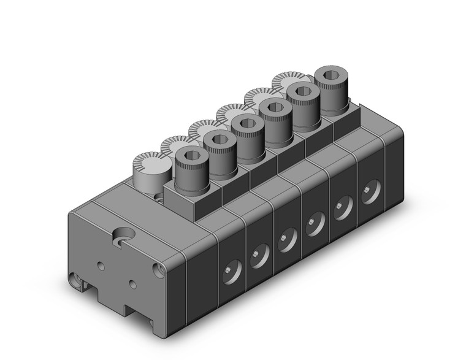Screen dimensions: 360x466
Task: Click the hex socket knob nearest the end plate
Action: [191, 156]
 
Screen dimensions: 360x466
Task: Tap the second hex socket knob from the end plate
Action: [220, 140]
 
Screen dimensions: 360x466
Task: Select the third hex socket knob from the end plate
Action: [247, 124]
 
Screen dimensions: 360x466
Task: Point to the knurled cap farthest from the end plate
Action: [287, 82]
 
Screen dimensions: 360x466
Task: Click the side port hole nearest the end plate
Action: [232, 271]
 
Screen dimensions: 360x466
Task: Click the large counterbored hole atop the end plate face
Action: [125, 237]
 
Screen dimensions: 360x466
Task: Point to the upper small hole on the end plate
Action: [101, 265]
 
